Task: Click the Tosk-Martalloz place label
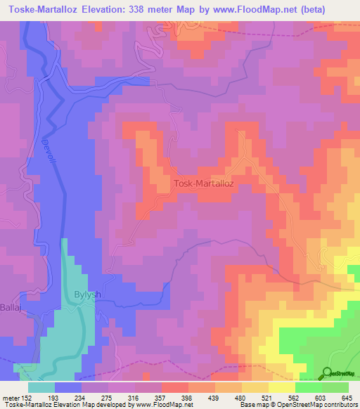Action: tap(209, 184)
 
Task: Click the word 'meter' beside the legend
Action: tap(10, 398)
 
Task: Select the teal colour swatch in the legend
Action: tap(41, 387)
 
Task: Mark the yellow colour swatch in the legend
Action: tap(281, 387)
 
